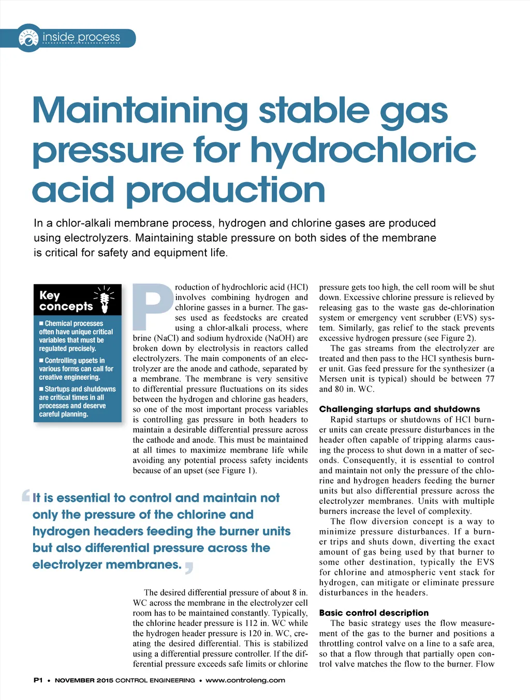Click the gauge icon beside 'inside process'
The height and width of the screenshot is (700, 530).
tap(28, 38)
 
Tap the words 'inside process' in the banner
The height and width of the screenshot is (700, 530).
tap(81, 37)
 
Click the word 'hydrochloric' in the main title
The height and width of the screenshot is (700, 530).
tap(363, 150)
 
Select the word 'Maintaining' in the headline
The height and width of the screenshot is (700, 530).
tap(140, 110)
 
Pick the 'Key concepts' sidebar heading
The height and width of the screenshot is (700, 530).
tap(66, 301)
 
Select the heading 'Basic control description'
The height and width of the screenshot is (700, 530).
tap(374, 613)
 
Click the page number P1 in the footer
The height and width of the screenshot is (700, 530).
tap(38, 680)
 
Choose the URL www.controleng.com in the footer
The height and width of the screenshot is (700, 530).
tap(245, 680)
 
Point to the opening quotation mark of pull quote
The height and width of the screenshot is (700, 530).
tap(26, 496)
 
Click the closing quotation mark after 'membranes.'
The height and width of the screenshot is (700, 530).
tap(189, 568)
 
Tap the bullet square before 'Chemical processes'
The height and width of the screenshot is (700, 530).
tap(41, 323)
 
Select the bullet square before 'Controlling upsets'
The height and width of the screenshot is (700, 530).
tap(41, 361)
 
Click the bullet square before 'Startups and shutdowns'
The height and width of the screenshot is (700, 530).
tap(41, 389)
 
